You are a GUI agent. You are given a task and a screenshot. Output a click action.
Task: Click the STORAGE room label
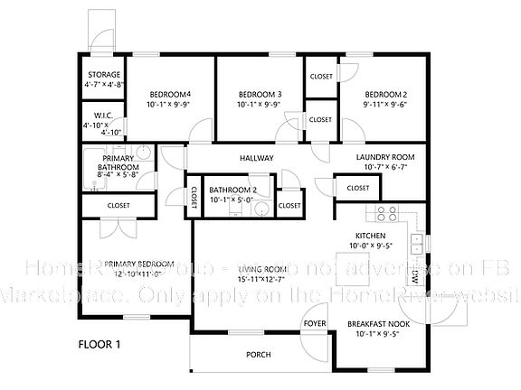click(105, 75)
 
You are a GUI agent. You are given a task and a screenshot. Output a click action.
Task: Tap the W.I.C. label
click(102, 116)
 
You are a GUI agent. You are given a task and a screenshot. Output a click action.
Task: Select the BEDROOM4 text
click(170, 95)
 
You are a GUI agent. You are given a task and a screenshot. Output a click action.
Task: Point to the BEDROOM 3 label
click(260, 95)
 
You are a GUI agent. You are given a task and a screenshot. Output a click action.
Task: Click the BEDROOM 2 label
click(386, 95)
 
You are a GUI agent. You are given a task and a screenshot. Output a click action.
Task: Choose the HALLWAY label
click(256, 159)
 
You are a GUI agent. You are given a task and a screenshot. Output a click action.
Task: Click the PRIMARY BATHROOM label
click(118, 162)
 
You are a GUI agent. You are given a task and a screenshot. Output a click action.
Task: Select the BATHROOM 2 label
click(233, 190)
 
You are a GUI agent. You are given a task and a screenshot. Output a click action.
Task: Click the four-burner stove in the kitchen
click(386, 214)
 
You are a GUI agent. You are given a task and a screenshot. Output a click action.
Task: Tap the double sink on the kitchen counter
click(417, 244)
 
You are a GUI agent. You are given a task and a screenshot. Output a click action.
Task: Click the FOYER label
click(314, 322)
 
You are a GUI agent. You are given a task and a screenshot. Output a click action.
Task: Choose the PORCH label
click(259, 355)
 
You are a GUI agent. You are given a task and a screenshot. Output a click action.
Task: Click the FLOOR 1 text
click(99, 344)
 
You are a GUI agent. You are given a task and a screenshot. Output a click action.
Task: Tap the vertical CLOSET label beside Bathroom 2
click(194, 199)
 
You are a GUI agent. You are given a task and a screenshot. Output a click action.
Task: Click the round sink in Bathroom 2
click(260, 209)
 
